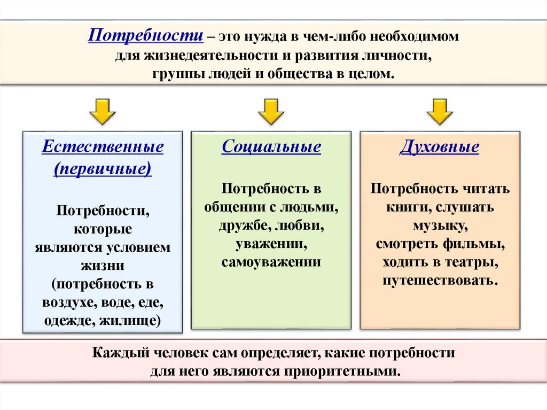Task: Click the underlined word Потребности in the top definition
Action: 145,37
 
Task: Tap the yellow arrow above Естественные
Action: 103,111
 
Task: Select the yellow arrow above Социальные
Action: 271,111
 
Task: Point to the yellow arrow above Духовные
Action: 440,111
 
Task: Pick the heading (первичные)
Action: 103,169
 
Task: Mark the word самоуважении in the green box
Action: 271,262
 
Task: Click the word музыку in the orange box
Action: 439,226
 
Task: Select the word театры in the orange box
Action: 476,262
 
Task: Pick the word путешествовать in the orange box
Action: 440,281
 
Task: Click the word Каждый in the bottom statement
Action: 119,353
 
